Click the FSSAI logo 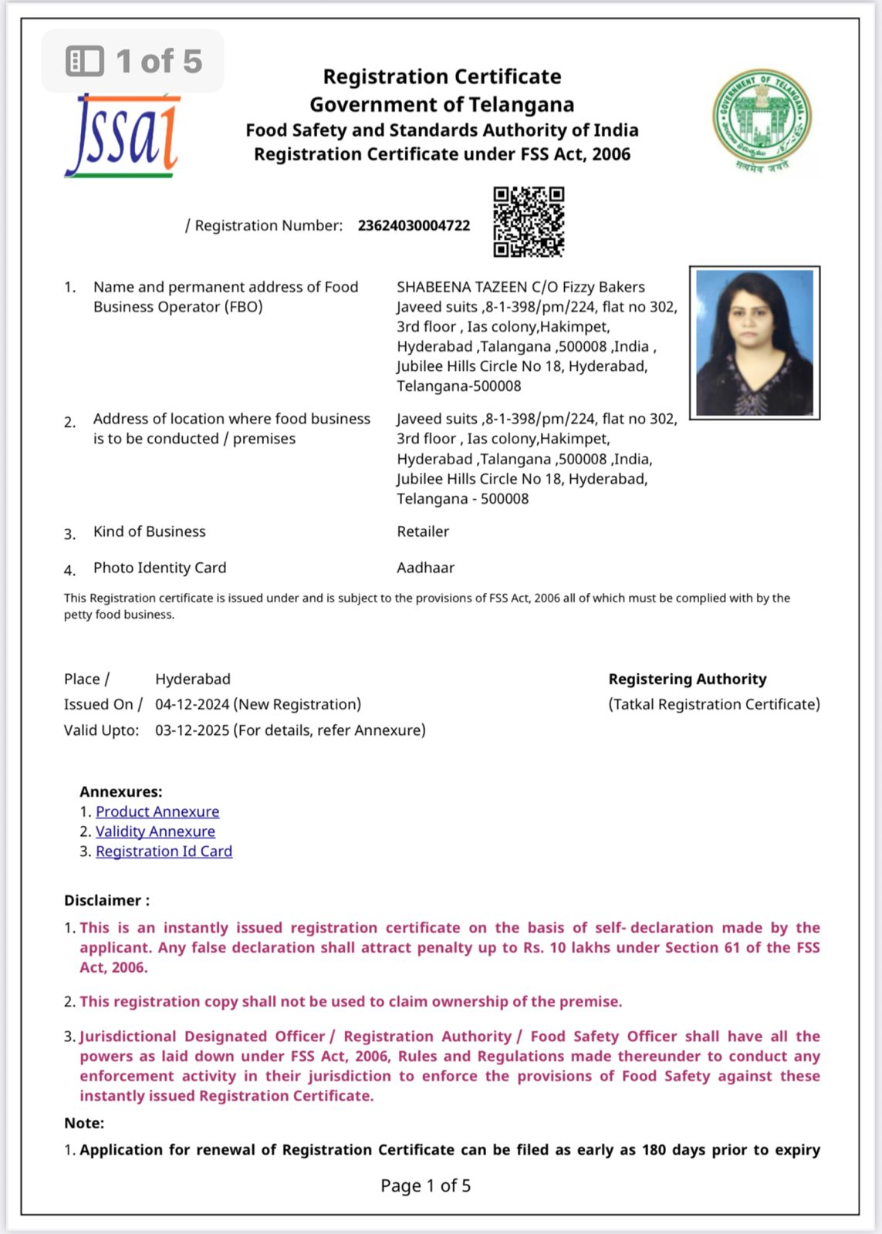123,136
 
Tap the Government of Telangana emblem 762,120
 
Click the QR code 529,221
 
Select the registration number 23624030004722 414,225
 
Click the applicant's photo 754,343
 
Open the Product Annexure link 157,811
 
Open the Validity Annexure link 155,831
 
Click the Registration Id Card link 164,851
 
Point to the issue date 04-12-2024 192,704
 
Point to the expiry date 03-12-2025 192,730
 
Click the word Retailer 423,531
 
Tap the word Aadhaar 425,568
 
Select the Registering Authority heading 688,679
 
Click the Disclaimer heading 106,901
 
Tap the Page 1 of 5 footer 425,1185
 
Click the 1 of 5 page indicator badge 133,61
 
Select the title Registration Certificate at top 441,77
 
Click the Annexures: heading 121,792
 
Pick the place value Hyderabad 193,679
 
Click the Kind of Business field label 150,531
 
